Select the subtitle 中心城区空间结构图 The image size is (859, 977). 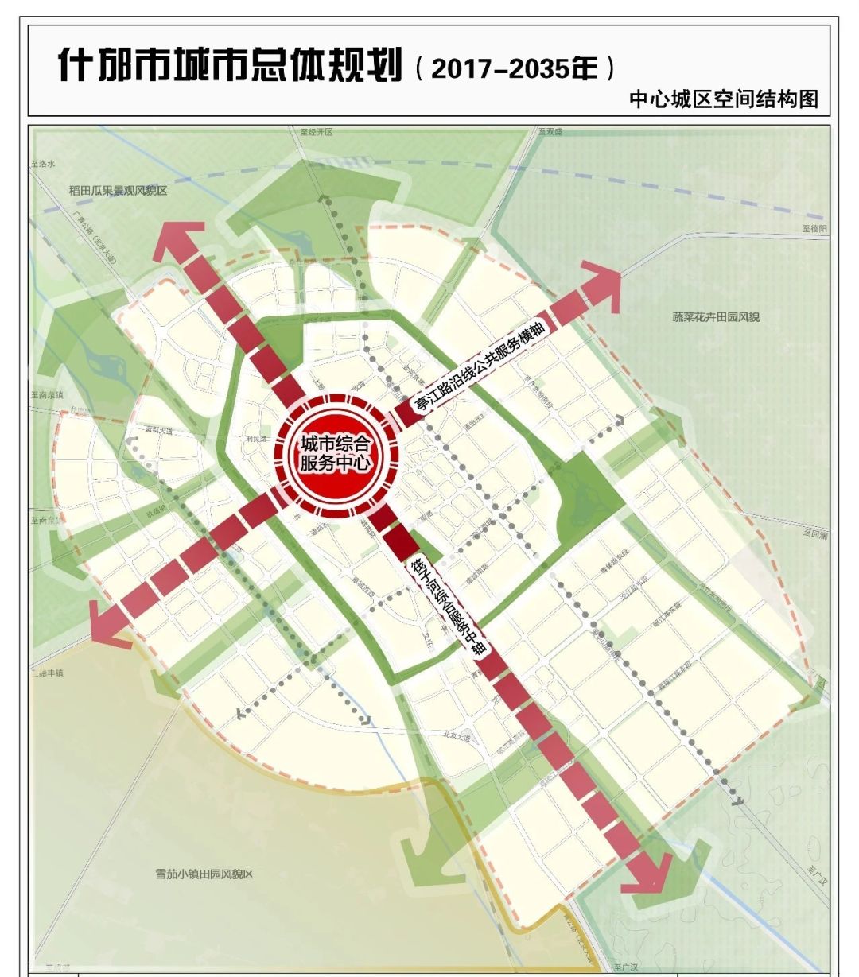[x=723, y=99]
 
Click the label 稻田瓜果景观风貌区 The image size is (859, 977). [x=118, y=191]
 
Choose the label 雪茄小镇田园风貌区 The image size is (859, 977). [x=204, y=874]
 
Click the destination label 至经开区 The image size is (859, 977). [x=316, y=132]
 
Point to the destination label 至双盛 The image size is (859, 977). [x=550, y=132]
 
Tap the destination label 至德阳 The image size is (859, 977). [x=815, y=228]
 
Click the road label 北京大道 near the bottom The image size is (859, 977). [x=456, y=738]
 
